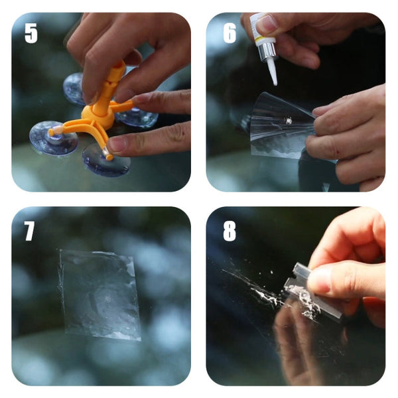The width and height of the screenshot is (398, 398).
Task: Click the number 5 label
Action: (x=31, y=33)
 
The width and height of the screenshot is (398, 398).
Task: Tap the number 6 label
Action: (x=230, y=33)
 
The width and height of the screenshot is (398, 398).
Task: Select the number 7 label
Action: (x=30, y=230)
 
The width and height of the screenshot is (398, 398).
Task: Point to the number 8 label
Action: (x=230, y=230)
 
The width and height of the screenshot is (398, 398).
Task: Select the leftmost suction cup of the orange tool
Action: (x=53, y=137)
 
